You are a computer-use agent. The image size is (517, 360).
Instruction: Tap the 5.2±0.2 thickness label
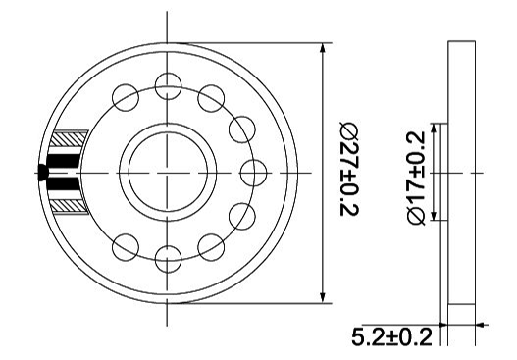pos(391,338)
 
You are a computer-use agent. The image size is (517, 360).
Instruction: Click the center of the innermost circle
pos(168,172)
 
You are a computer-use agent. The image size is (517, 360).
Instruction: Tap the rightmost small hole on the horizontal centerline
pos(253,172)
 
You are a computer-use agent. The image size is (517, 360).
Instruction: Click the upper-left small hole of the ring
pos(125,96)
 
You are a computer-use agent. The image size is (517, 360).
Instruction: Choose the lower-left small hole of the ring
pos(125,247)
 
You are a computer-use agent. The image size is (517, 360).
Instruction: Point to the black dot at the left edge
pos(44,173)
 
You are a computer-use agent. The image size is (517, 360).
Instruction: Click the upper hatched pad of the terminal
pos(71,140)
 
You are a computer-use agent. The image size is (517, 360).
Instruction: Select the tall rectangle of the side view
pos(460,173)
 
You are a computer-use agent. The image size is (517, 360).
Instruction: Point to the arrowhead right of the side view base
pos(480,324)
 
